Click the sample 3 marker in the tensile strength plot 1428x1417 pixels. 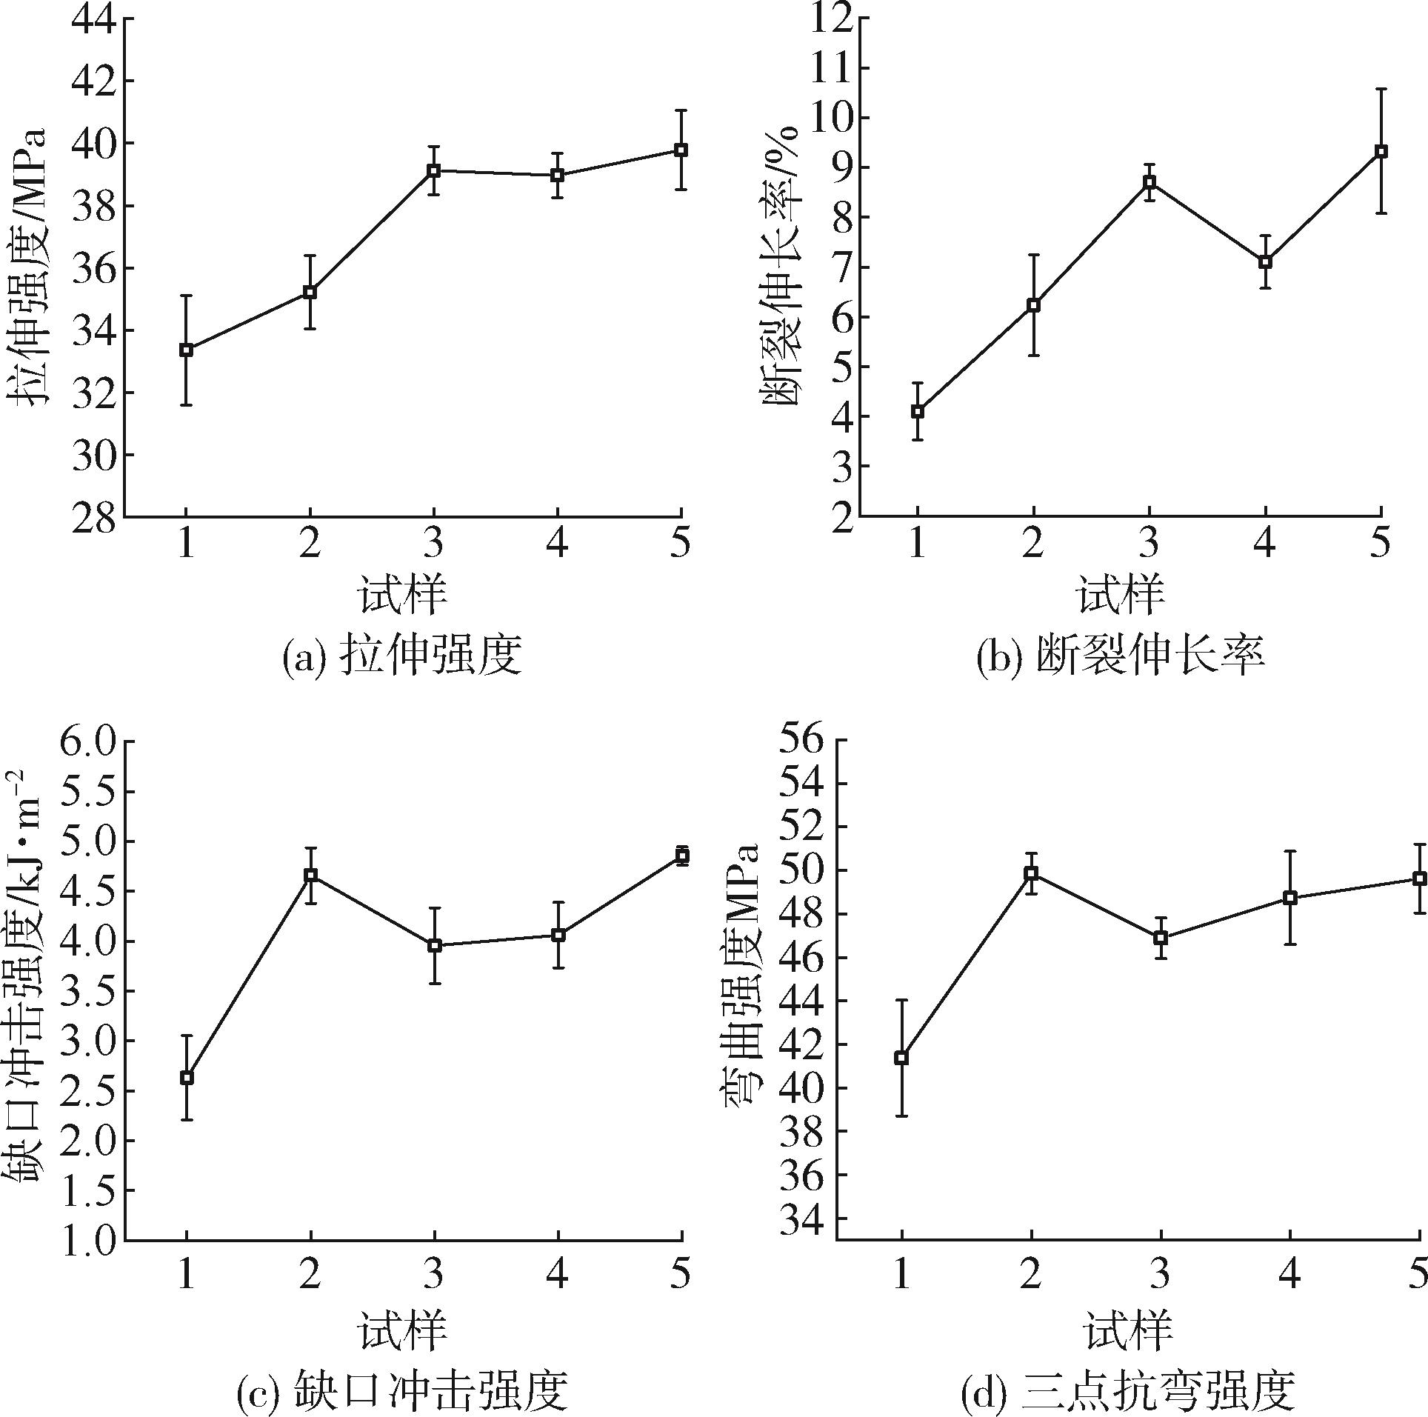434,170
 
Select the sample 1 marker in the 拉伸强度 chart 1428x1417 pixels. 187,350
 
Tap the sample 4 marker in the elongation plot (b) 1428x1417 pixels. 1266,261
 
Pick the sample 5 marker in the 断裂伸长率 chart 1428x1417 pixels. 1381,151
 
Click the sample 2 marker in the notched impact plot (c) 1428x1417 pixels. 311,875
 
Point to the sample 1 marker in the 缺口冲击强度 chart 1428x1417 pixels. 187,1077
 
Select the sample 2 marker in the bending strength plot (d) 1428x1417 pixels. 1031,873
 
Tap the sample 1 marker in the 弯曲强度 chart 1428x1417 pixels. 901,1058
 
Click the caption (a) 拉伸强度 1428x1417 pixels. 403,656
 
